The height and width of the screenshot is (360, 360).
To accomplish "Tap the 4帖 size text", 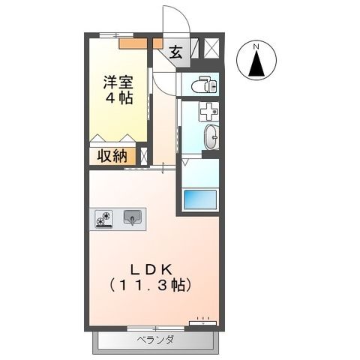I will (118, 98).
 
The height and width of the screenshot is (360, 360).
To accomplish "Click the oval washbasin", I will (213, 137).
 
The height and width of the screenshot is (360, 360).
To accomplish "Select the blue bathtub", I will (199, 200).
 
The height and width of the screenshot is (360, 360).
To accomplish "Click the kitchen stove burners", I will (104, 217).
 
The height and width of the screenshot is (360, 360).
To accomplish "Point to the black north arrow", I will (255, 66).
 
